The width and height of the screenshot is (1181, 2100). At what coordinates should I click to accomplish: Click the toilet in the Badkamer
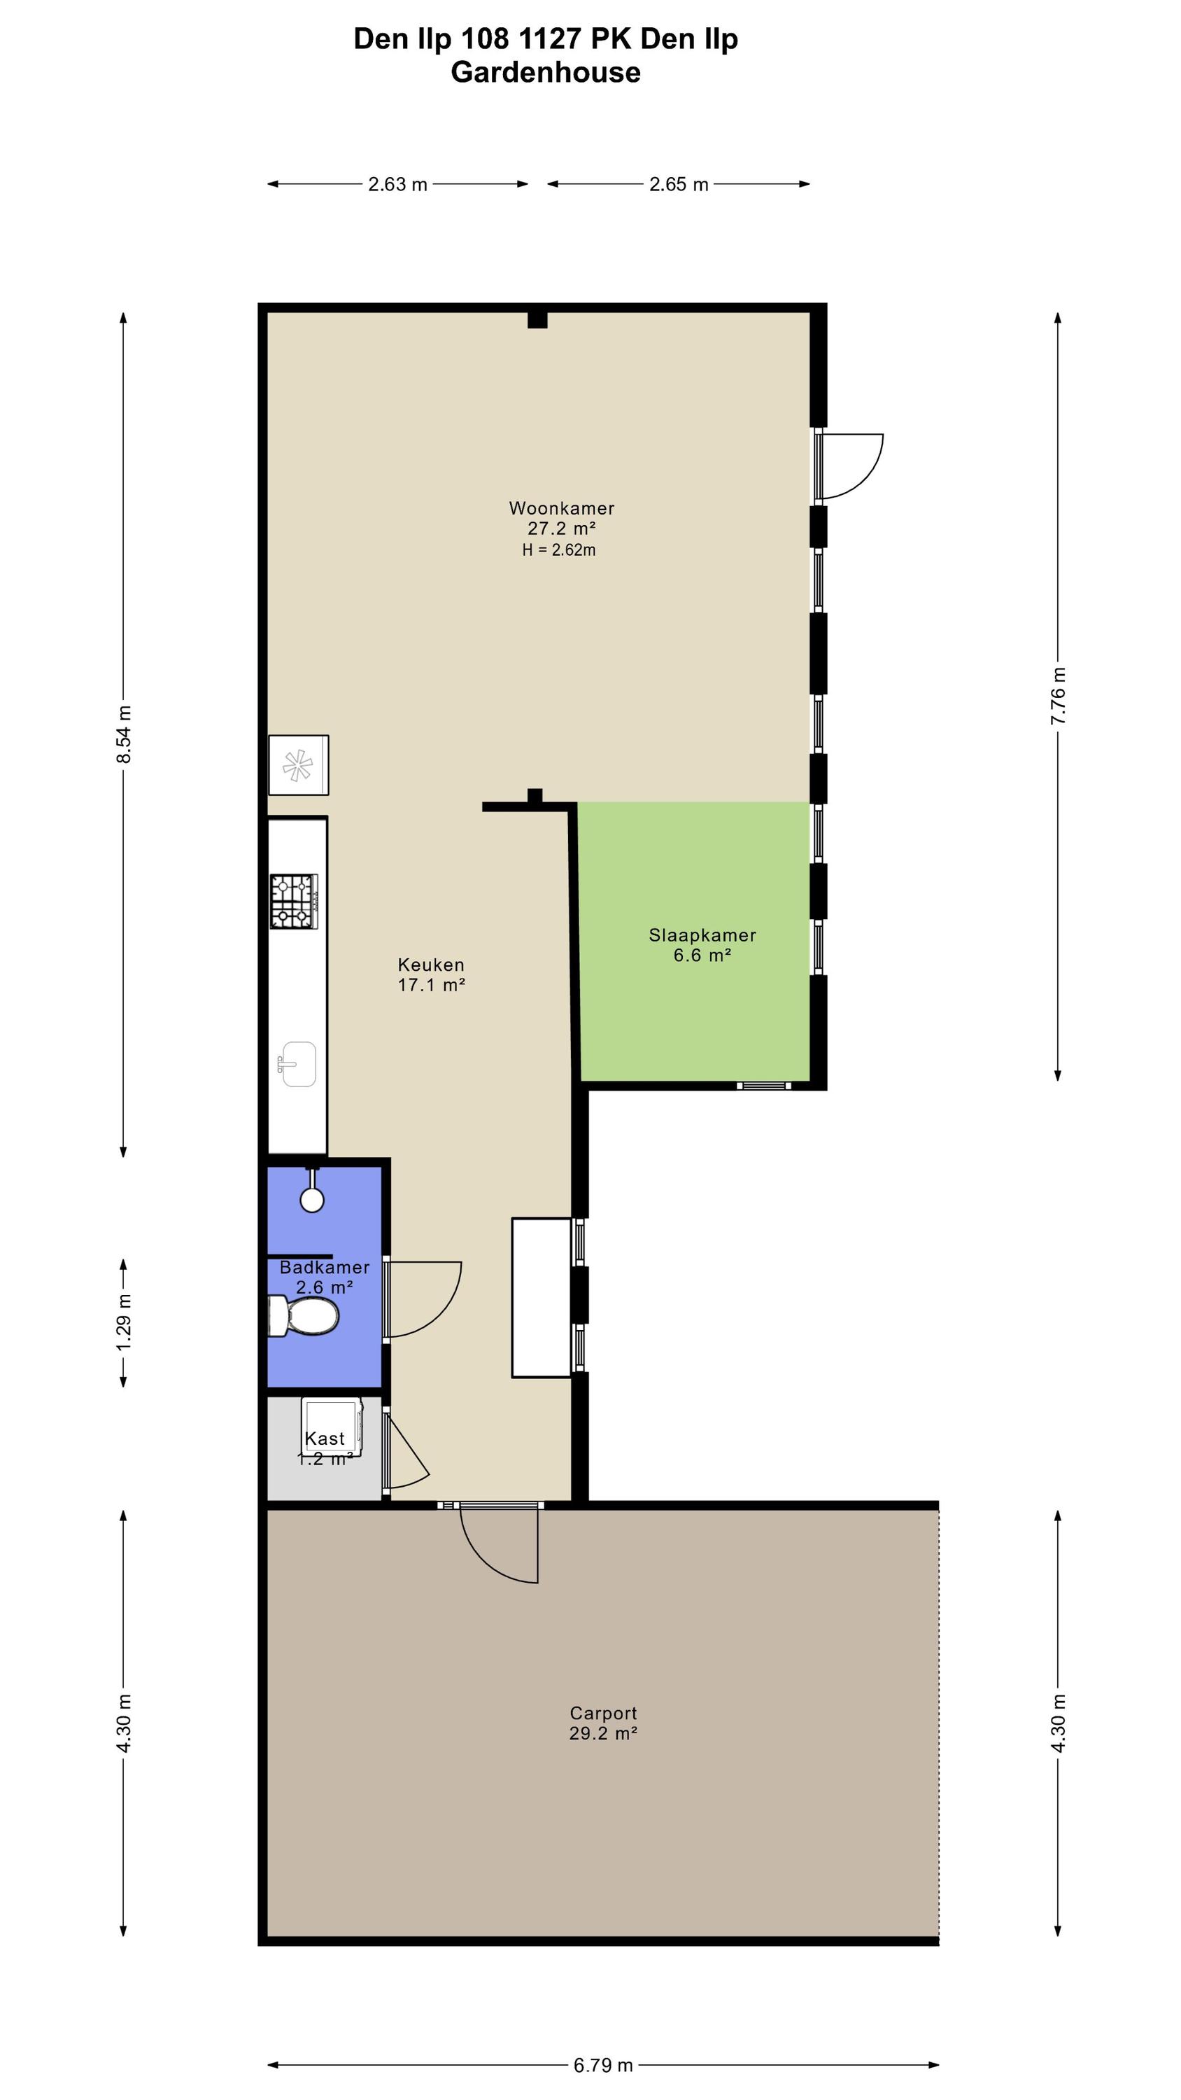pos(303,1316)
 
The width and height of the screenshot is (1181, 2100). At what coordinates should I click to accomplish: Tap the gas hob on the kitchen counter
pos(295,901)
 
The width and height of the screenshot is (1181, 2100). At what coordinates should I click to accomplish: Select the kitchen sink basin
pos(298,1064)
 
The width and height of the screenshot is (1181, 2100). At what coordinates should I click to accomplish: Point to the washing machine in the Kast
pos(332,1428)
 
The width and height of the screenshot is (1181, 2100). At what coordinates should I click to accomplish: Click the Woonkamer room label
pos(562,508)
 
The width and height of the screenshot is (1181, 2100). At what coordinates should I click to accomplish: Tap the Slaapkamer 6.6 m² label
pos(702,945)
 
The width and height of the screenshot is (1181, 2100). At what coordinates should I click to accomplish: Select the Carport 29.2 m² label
pos(603,1723)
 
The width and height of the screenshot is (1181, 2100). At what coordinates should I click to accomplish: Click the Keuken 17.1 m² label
pos(431,974)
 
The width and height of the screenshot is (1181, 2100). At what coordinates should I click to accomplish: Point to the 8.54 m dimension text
pos(124,734)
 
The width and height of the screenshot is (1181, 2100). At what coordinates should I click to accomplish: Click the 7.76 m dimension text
pos(1058,695)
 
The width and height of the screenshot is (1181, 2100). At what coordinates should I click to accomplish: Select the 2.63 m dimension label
pos(397,184)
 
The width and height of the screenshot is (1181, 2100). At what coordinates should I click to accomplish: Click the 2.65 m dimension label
pos(679,184)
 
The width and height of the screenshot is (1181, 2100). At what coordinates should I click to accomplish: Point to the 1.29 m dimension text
pos(124,1322)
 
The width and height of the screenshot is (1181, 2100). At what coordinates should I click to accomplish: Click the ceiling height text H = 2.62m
pos(559,550)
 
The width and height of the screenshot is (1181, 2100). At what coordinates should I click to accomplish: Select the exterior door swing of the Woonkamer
pos(851,465)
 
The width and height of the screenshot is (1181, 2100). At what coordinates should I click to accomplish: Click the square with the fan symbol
pos(298,764)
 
